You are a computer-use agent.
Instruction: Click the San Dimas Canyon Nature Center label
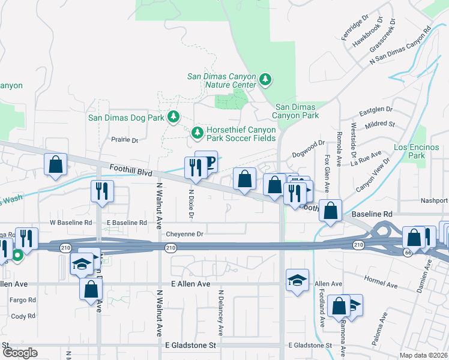coord(221,80)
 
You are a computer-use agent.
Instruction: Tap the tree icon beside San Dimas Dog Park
coord(173,116)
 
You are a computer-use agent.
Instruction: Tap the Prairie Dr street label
coord(125,140)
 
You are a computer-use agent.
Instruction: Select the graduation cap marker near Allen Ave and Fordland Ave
coord(297,280)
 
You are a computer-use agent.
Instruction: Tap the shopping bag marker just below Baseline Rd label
coord(330,211)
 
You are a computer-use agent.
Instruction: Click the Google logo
coord(20,352)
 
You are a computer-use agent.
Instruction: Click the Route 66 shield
coord(392,254)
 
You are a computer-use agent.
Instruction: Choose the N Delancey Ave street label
coord(221,312)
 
